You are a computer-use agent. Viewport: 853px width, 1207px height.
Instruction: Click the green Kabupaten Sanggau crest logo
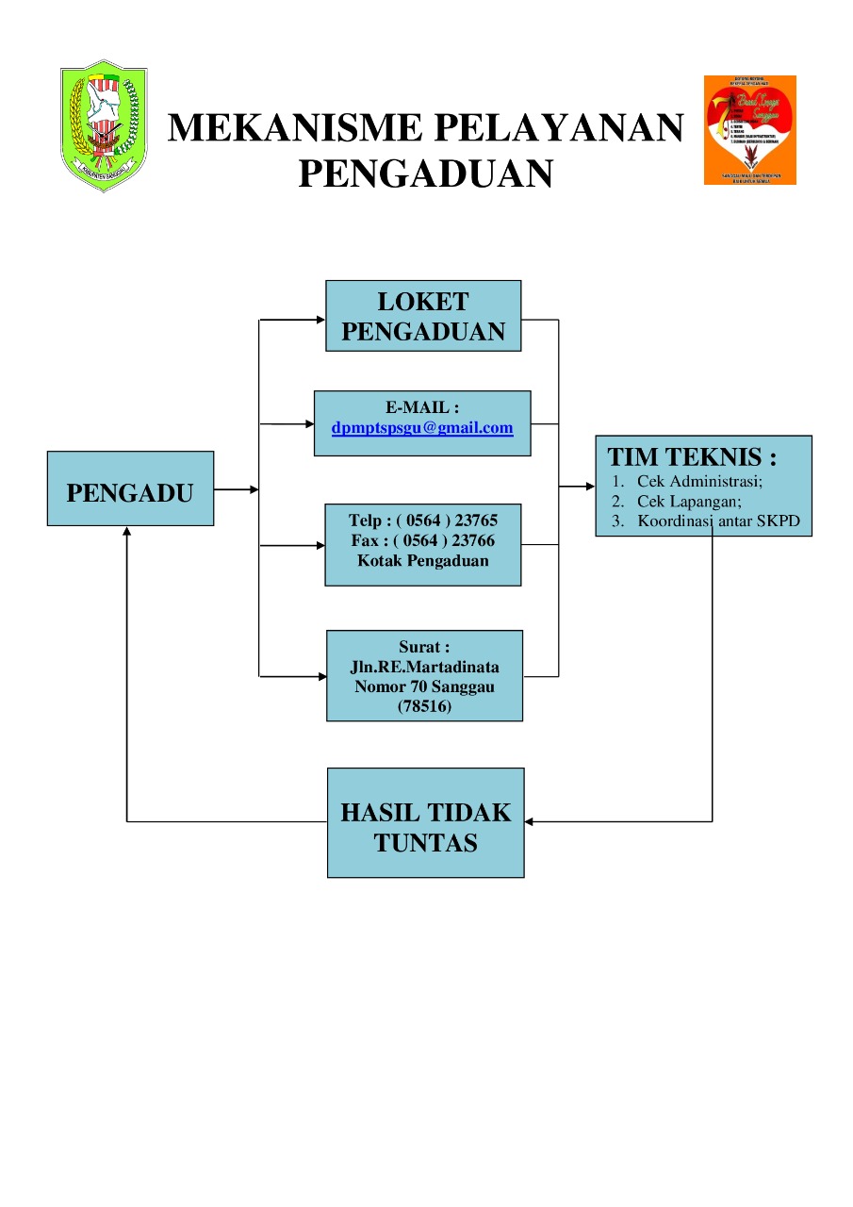pyautogui.click(x=104, y=125)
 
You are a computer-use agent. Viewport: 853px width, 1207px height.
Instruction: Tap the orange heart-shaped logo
pyautogui.click(x=749, y=129)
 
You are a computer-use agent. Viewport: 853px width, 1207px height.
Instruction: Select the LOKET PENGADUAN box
pyautogui.click(x=423, y=316)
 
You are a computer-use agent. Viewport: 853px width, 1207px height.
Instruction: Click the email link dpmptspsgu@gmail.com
pyautogui.click(x=422, y=428)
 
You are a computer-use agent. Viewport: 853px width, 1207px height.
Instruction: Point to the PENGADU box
pyautogui.click(x=130, y=488)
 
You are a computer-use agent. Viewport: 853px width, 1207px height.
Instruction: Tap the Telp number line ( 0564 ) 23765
pyautogui.click(x=422, y=521)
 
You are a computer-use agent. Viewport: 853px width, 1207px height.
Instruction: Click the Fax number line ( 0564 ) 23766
pyautogui.click(x=422, y=540)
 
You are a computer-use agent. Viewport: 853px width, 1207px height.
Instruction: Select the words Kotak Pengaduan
pyautogui.click(x=422, y=560)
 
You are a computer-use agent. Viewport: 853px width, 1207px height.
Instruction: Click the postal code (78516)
pyautogui.click(x=424, y=706)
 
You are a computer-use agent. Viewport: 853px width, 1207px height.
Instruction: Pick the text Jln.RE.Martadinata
pyautogui.click(x=424, y=667)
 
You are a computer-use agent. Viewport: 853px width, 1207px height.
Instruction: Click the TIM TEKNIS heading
pyautogui.click(x=692, y=457)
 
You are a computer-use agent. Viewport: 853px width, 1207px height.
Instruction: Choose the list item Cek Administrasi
pyautogui.click(x=699, y=481)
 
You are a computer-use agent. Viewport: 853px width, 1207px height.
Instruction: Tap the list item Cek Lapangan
pyautogui.click(x=689, y=501)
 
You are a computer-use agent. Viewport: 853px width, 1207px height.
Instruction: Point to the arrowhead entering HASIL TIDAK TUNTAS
pyautogui.click(x=530, y=822)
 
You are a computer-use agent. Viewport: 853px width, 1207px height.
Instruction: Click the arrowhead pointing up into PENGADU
pyautogui.click(x=127, y=532)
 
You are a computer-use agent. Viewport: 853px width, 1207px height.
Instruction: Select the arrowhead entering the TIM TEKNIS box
pyautogui.click(x=590, y=487)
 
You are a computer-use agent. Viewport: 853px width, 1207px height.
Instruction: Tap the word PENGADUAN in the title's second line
pyautogui.click(x=425, y=174)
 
